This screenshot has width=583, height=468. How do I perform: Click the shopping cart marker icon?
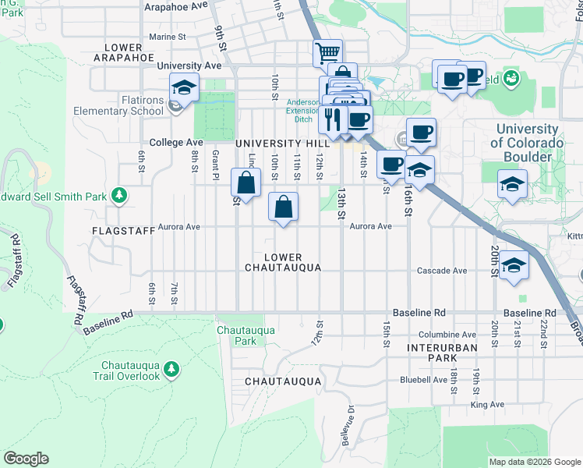[x=328, y=54]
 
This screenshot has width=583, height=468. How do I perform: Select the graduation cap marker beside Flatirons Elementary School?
[x=184, y=87]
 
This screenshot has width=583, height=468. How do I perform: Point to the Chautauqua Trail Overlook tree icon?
[x=172, y=367]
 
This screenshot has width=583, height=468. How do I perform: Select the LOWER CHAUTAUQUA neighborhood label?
[x=282, y=262]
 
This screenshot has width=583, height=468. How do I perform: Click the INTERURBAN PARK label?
[x=431, y=352]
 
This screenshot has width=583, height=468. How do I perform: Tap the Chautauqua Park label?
[x=236, y=335]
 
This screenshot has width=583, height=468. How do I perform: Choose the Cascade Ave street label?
[x=442, y=271]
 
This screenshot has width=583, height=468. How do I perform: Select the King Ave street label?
[x=488, y=405]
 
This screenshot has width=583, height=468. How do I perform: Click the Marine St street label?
[x=167, y=36]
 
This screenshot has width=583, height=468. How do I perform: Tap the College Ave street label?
[x=176, y=143]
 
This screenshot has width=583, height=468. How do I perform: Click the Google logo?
[x=26, y=459]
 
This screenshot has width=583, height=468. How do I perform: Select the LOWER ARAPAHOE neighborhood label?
[x=121, y=51]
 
